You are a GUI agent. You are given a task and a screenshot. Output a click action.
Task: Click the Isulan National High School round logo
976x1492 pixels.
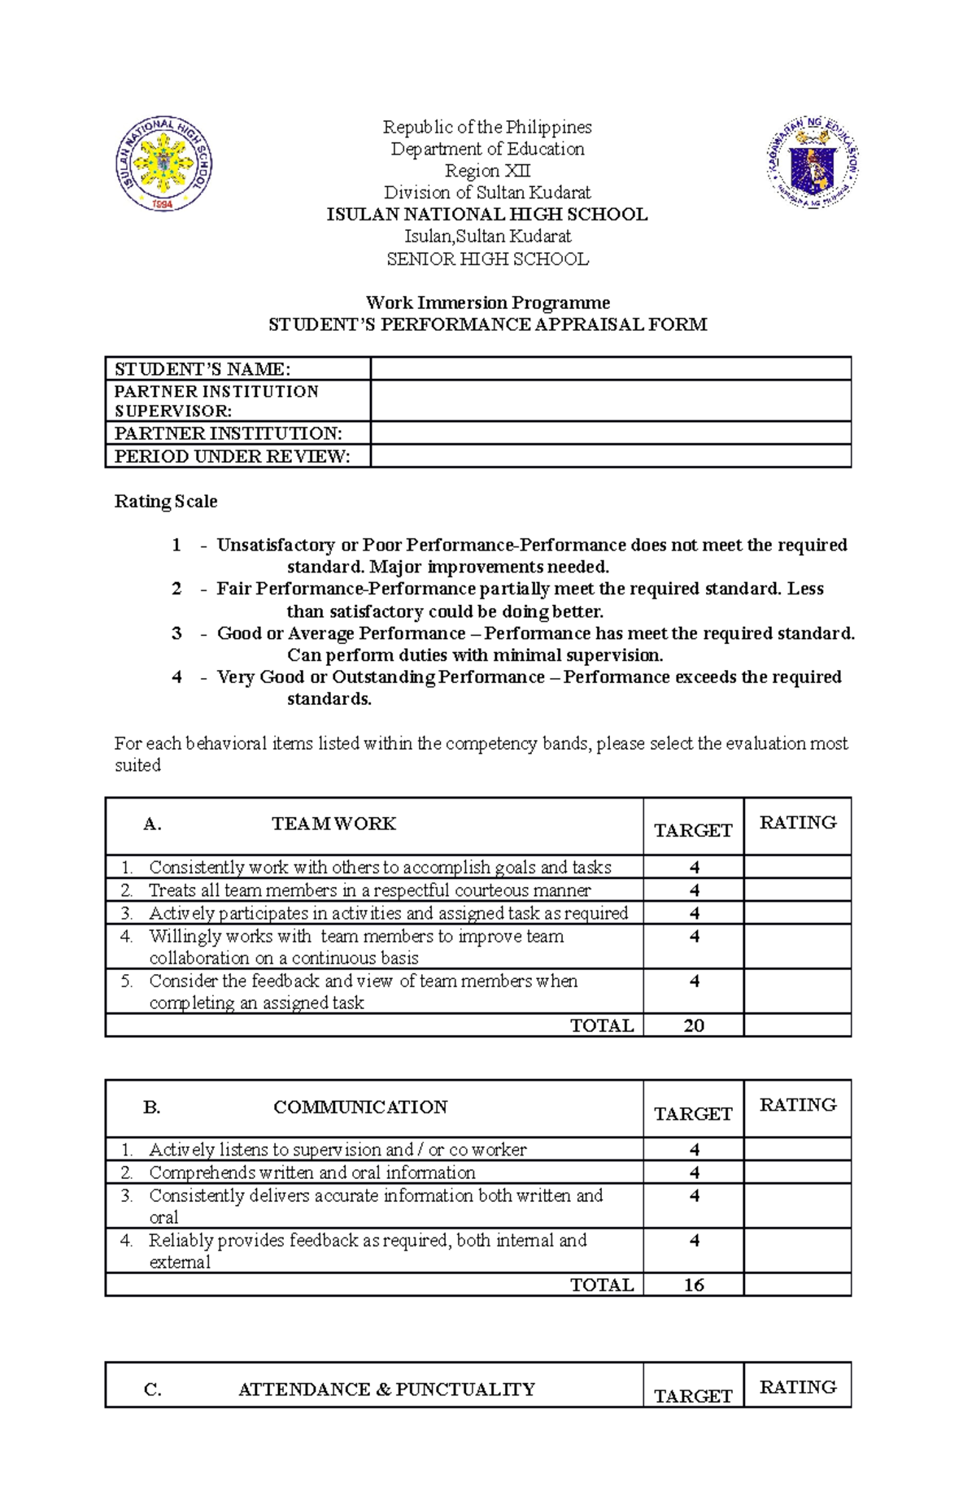[163, 163]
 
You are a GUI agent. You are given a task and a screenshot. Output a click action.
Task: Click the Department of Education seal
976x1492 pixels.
[812, 163]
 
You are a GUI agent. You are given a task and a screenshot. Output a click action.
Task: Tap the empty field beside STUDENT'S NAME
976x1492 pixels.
[610, 368]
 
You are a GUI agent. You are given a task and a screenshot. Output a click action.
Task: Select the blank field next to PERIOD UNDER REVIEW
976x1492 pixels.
[610, 456]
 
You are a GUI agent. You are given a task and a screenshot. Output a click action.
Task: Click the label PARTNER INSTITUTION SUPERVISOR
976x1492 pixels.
[216, 401]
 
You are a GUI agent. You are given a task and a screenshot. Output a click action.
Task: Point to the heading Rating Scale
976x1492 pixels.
[166, 501]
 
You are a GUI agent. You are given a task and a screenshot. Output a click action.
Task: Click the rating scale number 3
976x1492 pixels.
[176, 633]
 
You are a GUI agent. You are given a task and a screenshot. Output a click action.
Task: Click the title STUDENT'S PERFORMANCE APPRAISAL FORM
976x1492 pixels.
[487, 324]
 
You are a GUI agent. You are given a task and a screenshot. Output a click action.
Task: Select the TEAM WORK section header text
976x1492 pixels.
[333, 824]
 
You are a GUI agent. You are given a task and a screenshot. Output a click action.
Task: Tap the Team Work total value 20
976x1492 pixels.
[694, 1025]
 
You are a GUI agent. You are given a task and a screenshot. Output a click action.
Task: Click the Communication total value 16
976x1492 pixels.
[694, 1285]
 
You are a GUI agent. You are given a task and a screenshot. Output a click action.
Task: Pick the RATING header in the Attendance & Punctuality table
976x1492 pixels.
[797, 1387]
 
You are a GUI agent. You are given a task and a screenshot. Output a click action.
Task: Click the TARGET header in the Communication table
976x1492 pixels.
[693, 1113]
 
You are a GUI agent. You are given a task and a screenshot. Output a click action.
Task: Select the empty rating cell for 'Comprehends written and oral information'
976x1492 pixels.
[797, 1172]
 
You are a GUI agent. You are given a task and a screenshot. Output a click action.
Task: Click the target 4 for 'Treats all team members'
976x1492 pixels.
[694, 890]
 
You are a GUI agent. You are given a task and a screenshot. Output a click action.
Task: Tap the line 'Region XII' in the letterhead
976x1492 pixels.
[487, 171]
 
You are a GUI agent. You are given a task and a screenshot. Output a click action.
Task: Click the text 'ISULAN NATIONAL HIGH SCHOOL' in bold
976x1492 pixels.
[487, 215]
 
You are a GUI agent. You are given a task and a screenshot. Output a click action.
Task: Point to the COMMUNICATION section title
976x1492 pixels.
[360, 1107]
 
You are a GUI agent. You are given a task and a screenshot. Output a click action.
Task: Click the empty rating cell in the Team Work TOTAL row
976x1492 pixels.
[797, 1025]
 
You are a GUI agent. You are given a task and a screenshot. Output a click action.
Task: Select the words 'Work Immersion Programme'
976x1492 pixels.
[487, 302]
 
